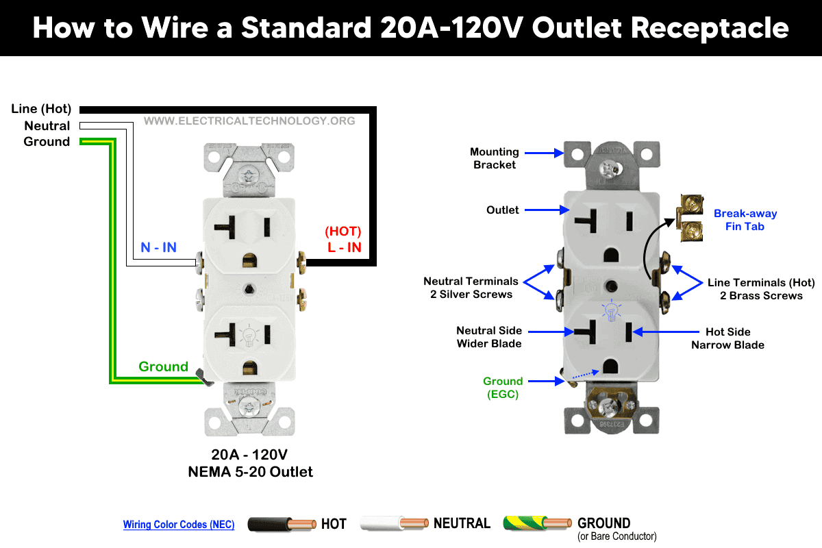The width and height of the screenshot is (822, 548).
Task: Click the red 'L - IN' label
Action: click(x=344, y=247)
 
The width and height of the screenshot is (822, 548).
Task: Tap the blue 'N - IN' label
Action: click(x=158, y=247)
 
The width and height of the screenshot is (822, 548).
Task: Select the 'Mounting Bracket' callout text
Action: click(x=494, y=158)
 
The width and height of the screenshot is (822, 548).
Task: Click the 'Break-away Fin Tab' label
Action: click(x=745, y=220)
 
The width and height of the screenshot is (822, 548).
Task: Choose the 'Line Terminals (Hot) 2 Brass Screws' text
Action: click(x=761, y=289)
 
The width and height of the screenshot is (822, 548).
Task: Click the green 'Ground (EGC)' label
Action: click(x=503, y=388)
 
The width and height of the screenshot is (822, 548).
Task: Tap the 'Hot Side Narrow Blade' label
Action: click(x=727, y=338)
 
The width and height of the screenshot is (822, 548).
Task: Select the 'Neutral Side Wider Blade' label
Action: click(x=489, y=337)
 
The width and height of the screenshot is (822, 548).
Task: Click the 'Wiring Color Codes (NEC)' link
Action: click(x=179, y=525)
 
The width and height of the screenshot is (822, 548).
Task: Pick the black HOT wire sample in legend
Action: click(x=282, y=525)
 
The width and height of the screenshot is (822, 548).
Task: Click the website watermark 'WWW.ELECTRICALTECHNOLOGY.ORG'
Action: click(x=249, y=121)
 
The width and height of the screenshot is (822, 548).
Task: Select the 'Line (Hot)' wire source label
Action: click(x=40, y=109)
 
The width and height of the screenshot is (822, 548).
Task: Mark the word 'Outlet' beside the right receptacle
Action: click(x=503, y=210)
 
